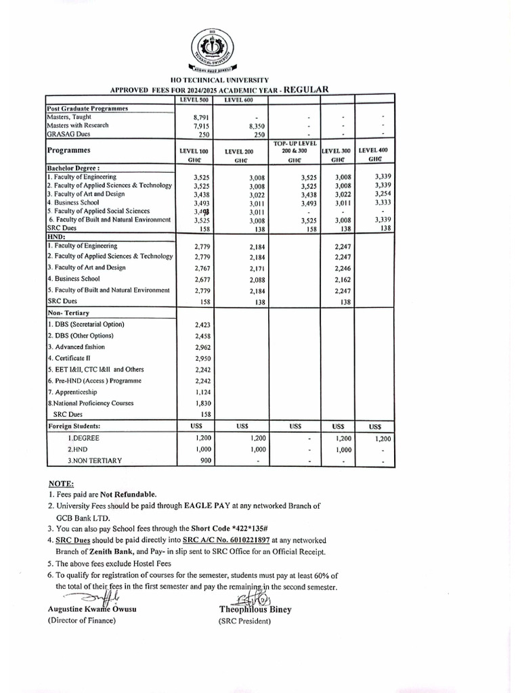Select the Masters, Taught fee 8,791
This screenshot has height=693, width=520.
tap(201, 117)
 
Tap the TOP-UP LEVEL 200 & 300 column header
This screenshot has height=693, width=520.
tap(294, 152)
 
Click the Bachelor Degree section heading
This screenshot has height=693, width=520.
tap(73, 168)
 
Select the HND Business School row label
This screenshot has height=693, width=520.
tap(74, 279)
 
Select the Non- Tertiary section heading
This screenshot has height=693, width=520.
tap(68, 313)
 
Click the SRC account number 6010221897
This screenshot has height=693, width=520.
tap(241, 540)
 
